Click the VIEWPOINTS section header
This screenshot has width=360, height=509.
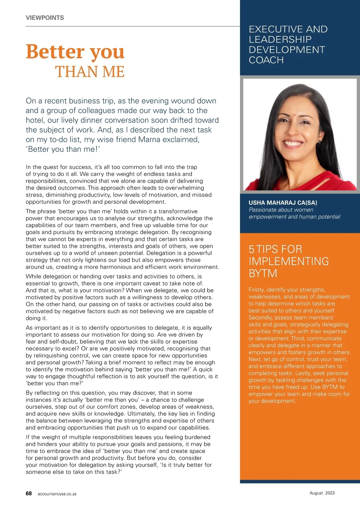[45, 18]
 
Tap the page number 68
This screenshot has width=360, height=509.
[29, 493]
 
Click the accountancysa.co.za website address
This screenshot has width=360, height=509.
[57, 494]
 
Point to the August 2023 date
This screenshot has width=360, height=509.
[322, 493]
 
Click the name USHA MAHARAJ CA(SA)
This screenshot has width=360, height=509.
[283, 203]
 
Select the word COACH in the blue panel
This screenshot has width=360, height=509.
[266, 60]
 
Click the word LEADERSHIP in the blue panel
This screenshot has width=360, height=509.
[280, 39]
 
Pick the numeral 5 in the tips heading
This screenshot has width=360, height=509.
[251, 249]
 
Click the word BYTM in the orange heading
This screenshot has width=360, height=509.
[263, 273]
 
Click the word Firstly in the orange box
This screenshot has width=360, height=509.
[256, 290]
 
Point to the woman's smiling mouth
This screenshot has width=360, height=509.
[293, 143]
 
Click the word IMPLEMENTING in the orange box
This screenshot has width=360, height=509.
[289, 261]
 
